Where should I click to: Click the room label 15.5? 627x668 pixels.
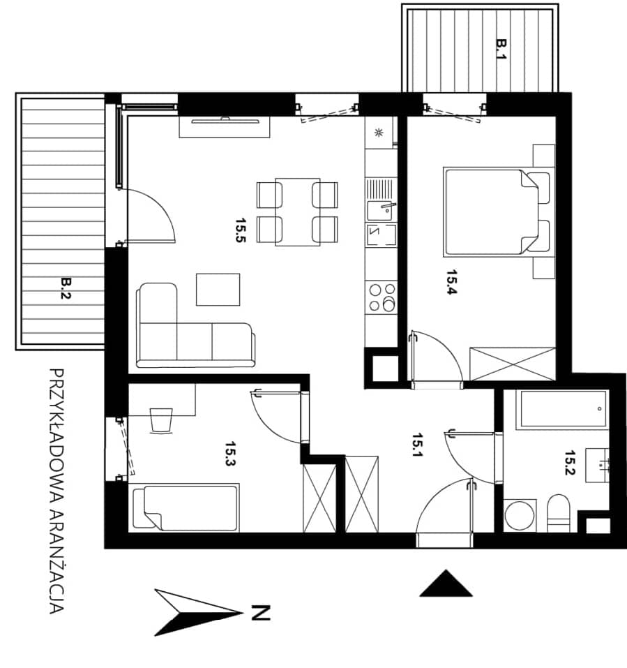241,230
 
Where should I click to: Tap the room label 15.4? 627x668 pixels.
452,282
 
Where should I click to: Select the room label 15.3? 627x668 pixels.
230,454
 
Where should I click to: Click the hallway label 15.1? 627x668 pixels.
418,445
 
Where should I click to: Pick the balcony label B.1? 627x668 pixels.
502,50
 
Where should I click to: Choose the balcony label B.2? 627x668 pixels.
66,288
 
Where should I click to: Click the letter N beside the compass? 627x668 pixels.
261,612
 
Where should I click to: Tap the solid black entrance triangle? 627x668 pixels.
446,584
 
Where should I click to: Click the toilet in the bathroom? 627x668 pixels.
558,513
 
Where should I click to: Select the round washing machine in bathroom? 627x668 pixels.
520,515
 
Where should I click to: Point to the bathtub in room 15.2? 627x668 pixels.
561,409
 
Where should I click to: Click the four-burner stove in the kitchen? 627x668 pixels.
382,297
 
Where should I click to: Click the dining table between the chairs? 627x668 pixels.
298,212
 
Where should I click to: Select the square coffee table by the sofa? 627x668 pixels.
218,290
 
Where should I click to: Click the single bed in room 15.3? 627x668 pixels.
186,507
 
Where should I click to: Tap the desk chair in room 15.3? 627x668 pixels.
162,421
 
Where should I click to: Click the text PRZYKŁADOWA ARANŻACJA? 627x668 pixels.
57,491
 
